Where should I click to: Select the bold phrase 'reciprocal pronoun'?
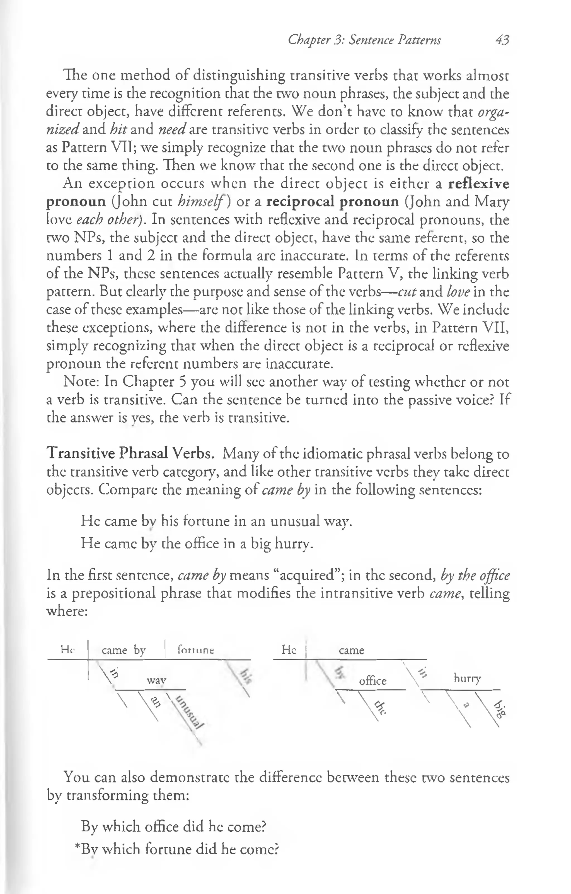click(x=333, y=202)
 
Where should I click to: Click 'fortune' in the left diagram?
click(x=196, y=650)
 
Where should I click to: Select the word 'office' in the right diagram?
click(x=372, y=681)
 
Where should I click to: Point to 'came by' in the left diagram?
click(x=124, y=650)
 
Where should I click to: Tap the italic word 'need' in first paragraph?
click(x=172, y=130)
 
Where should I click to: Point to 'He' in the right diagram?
click(x=289, y=649)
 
